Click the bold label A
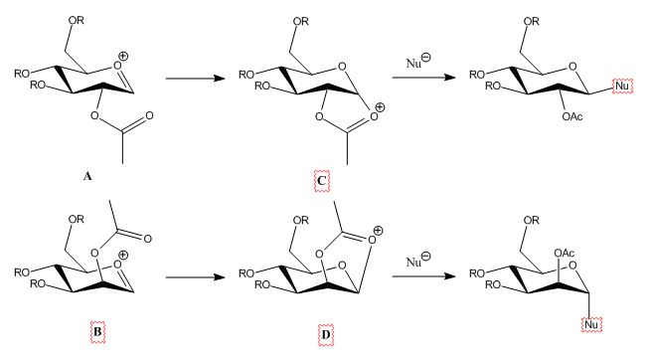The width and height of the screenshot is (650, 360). point(87,176)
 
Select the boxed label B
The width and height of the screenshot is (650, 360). point(97,332)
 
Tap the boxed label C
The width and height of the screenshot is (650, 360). point(322,181)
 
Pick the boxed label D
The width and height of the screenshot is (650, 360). point(326,334)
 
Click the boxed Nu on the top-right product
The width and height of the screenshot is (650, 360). point(622,86)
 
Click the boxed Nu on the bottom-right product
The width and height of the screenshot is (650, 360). point(591,324)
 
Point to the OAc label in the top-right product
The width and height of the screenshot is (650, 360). point(572,116)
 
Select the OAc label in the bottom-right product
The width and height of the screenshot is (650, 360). point(565,253)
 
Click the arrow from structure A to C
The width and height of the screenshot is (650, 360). point(195,78)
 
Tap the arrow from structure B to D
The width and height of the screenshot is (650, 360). point(195,276)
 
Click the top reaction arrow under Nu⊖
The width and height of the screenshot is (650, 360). point(423,78)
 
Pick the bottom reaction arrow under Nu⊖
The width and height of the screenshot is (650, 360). point(423,275)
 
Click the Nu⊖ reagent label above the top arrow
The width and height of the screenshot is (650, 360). point(418,62)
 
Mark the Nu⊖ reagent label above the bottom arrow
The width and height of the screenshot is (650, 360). point(418,261)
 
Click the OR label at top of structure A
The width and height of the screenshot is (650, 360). point(77,20)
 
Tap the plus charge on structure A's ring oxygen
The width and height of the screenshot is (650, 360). point(123,56)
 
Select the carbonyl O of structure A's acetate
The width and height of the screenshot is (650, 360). point(150,115)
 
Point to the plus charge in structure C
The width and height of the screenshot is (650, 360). point(380,107)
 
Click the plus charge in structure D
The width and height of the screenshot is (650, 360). point(379,230)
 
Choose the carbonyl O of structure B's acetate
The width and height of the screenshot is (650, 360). point(147,239)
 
